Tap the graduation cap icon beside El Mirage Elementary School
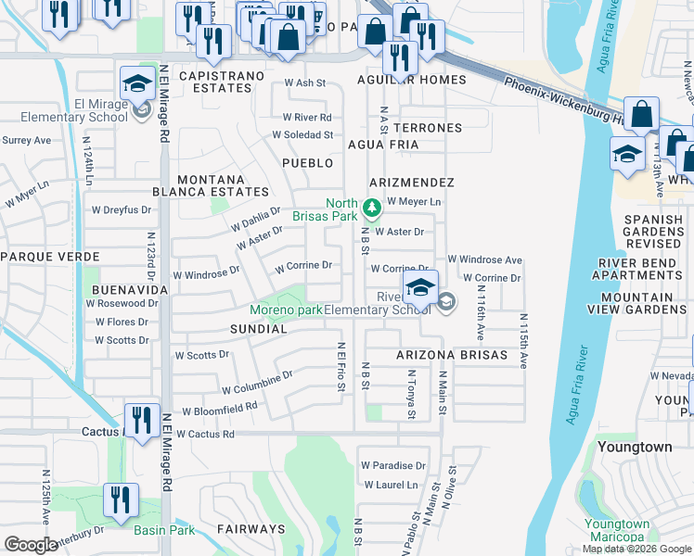tap(137, 85)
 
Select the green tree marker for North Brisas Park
tap(371, 207)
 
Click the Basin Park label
tap(164, 530)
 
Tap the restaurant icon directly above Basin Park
tap(121, 500)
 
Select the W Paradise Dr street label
tap(393, 465)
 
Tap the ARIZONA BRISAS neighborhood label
tap(452, 356)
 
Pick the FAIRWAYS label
tap(251, 529)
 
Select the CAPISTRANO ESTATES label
tap(214, 82)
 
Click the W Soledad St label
tap(302, 134)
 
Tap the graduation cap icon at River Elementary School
tap(419, 287)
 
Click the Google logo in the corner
tap(31, 545)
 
